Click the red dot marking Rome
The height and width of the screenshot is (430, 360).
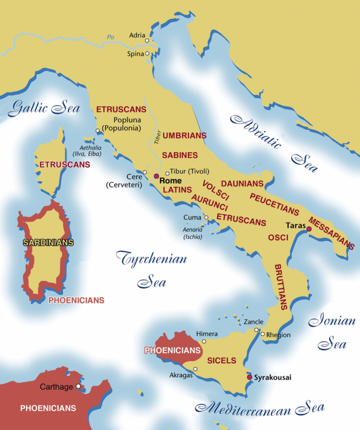tap(157, 176)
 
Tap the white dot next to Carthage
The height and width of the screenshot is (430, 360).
tap(78, 386)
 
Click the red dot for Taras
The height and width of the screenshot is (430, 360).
tap(309, 229)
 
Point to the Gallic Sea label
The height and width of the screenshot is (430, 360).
tap(44, 108)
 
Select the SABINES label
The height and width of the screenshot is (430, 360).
tap(180, 155)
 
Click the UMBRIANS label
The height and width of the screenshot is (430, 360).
tap(184, 135)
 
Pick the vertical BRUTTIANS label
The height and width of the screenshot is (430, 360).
tap(280, 286)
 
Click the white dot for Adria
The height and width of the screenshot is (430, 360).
tap(147, 41)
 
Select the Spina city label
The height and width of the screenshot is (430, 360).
tap(135, 54)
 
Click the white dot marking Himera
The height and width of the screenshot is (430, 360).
tap(204, 341)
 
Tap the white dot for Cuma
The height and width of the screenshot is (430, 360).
tap(205, 217)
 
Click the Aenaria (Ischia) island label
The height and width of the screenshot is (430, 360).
tap(193, 233)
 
